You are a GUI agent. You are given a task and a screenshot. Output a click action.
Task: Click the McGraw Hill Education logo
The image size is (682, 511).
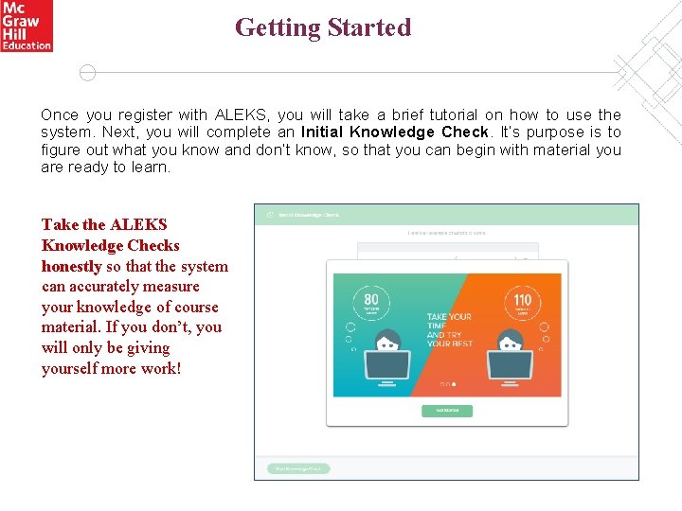click(27, 26)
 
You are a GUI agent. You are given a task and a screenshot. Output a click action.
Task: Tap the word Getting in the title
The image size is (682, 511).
click(278, 27)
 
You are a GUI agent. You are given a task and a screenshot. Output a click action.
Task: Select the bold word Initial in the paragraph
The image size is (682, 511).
click(326, 132)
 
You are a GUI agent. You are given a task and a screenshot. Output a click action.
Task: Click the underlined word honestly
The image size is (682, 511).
click(71, 266)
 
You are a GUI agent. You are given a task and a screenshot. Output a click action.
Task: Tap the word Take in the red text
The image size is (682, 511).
click(60, 224)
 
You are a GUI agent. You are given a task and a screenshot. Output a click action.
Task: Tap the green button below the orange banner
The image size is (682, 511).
click(447, 411)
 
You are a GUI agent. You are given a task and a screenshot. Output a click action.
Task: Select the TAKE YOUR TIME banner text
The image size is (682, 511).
click(449, 329)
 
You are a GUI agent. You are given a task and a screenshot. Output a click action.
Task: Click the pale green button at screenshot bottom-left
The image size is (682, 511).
click(297, 468)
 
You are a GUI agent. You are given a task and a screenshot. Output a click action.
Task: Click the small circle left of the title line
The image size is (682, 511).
click(87, 73)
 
